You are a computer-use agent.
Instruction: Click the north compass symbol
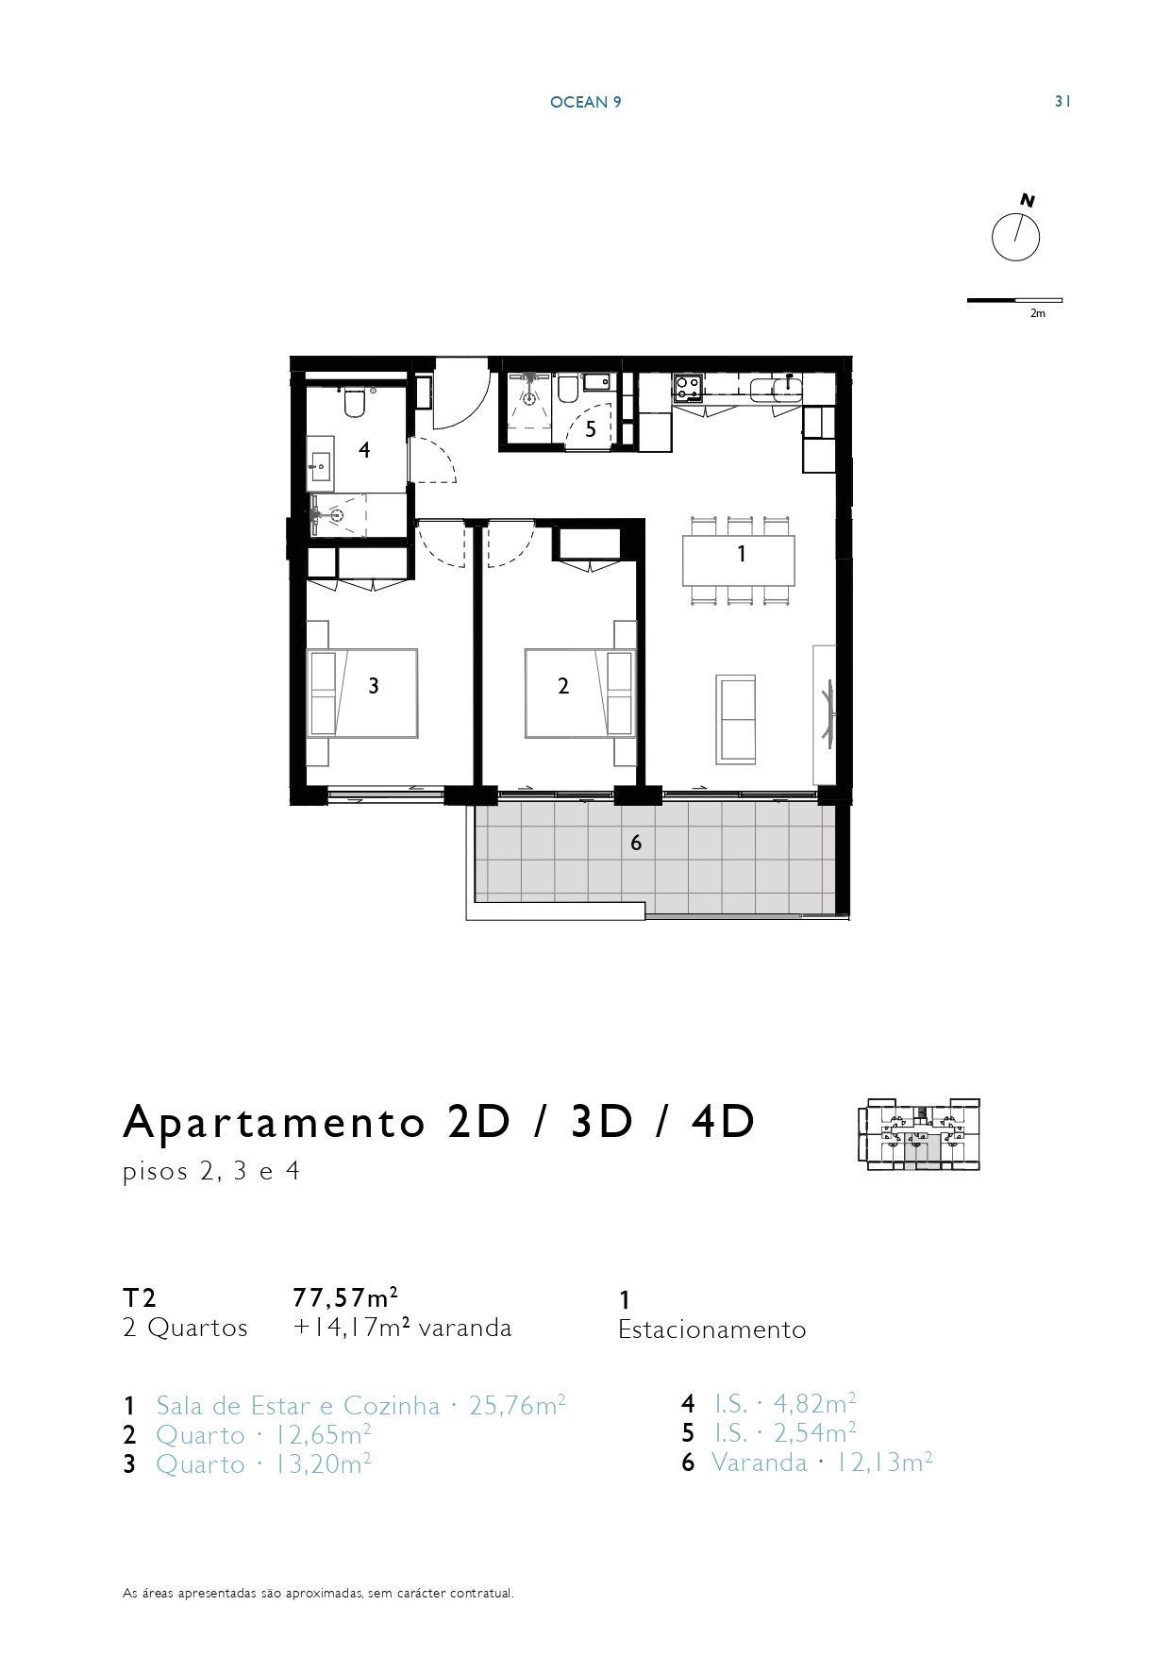[1016, 237]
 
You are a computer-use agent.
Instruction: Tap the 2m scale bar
[1014, 301]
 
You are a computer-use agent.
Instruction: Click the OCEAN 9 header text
[585, 102]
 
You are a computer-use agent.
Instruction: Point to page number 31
[1062, 102]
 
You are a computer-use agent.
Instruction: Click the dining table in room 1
[739, 560]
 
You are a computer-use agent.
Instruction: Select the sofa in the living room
[736, 719]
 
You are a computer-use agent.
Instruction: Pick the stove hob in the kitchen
[688, 388]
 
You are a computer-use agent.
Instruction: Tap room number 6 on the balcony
[636, 843]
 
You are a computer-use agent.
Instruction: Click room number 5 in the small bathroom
[591, 429]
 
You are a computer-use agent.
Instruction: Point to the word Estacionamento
[712, 1329]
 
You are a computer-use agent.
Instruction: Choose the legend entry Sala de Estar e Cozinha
[298, 1406]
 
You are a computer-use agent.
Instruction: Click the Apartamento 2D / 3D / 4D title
[440, 1121]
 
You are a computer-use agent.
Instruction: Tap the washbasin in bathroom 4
[320, 463]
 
